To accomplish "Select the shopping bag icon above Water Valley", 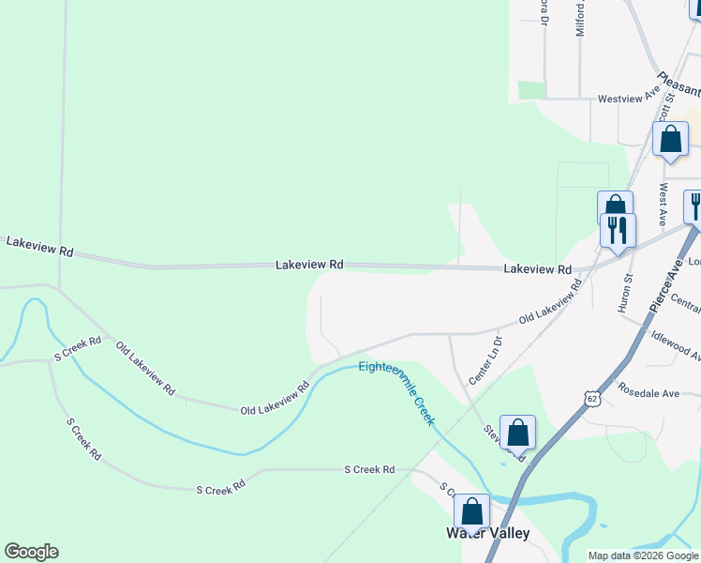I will point(471,511).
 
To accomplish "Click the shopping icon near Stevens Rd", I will point(517,433).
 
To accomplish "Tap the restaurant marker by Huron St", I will point(618,230).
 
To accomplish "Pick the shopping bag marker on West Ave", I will point(670,139).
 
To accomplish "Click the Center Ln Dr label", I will point(486,361).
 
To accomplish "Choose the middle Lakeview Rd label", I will point(309,266).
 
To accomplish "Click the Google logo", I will point(31,552).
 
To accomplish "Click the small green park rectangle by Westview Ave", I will point(531,90).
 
